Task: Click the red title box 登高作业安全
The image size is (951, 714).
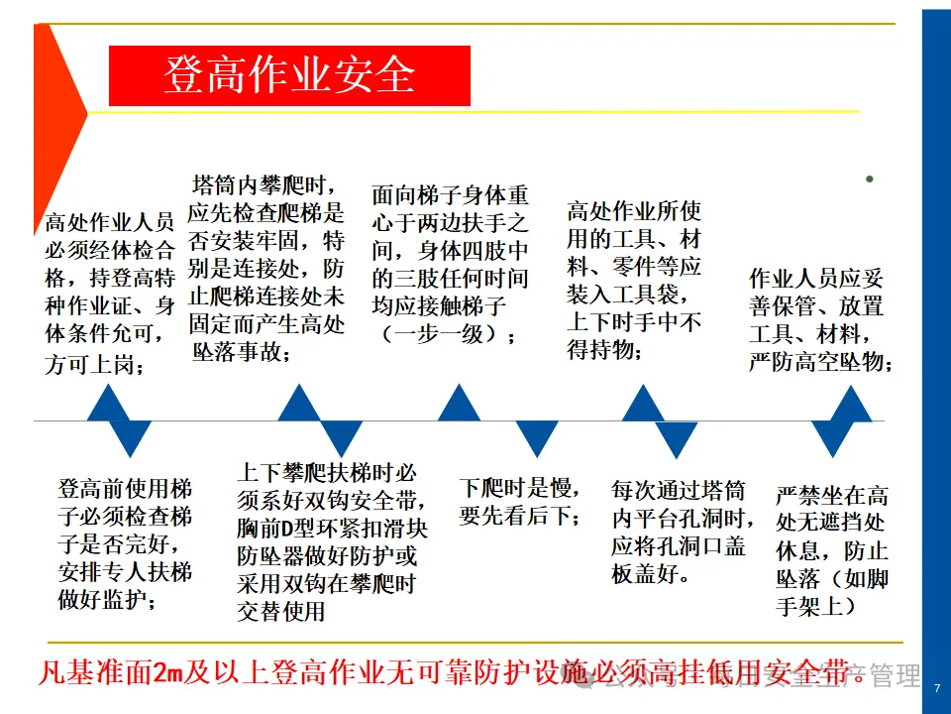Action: (288, 76)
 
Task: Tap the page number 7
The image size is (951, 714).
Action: (936, 688)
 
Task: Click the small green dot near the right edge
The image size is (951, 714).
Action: (869, 179)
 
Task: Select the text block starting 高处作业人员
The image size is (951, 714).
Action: (110, 293)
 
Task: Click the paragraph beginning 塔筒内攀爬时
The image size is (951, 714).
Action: (266, 269)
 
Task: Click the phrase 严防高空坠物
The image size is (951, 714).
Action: (821, 363)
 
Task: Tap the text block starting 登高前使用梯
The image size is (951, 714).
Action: (125, 544)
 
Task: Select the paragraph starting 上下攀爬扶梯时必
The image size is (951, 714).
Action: (332, 542)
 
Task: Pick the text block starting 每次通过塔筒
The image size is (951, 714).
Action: (679, 532)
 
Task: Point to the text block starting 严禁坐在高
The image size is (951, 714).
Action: (832, 550)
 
